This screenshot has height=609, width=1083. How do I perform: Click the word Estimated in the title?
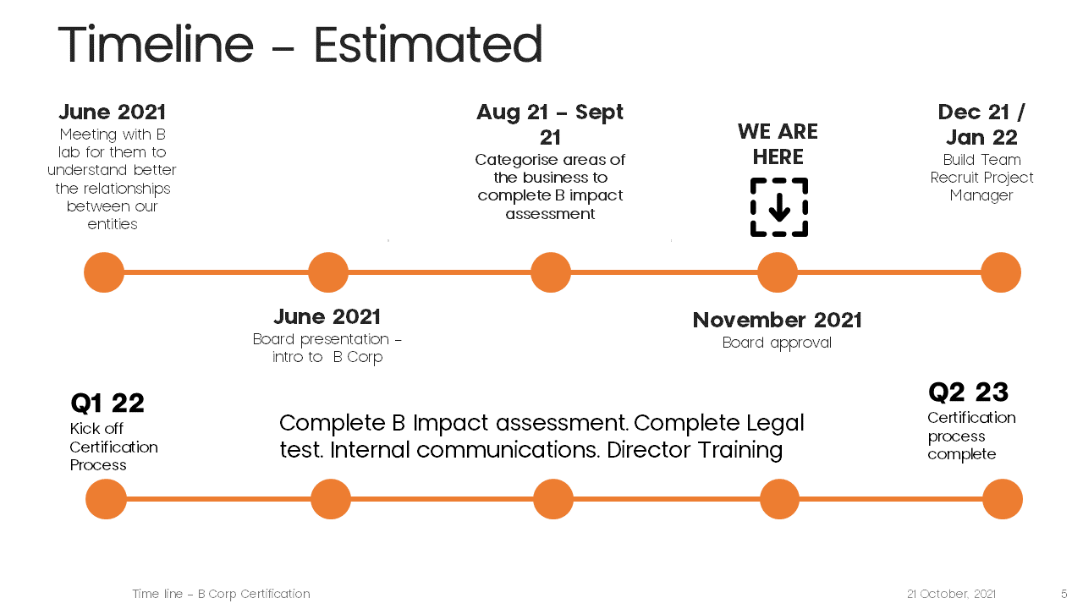click(x=428, y=45)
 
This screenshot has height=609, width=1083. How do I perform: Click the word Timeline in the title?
click(x=156, y=44)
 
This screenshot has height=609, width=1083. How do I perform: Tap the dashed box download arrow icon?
click(x=779, y=207)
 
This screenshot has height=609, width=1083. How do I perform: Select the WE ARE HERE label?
click(x=778, y=144)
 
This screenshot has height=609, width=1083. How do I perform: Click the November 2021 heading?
click(x=777, y=320)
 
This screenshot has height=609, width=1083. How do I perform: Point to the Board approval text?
click(x=777, y=343)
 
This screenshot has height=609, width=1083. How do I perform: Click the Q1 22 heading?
click(x=107, y=403)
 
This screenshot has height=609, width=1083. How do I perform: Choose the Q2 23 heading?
click(x=969, y=392)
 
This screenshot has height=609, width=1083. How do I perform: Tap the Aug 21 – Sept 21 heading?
click(x=550, y=124)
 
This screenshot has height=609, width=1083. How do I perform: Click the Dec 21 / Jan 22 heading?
click(x=981, y=124)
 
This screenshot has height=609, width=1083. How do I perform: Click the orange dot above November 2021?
click(x=778, y=272)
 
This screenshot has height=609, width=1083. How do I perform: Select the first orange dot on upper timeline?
click(x=104, y=272)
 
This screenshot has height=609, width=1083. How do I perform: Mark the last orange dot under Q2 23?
click(x=1003, y=499)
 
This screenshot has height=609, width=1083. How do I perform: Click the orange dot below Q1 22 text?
click(x=106, y=499)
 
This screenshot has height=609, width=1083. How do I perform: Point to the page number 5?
click(x=1064, y=594)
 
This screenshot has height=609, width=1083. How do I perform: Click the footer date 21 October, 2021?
click(x=951, y=594)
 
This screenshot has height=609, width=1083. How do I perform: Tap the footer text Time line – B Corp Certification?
click(x=221, y=594)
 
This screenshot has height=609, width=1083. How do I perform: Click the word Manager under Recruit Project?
click(x=981, y=195)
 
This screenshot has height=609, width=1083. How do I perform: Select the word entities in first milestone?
click(x=113, y=224)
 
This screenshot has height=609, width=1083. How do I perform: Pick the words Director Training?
click(x=695, y=449)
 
